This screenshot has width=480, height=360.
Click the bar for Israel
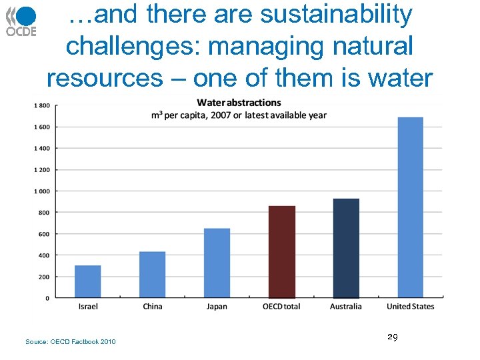pos(87,281)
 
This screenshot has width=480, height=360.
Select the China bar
pos(152,275)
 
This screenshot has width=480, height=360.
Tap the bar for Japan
pos(217,263)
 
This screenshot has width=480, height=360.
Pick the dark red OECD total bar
pos(281,252)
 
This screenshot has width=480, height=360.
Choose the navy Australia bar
pos(346,248)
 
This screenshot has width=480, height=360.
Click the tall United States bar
pos(410,207)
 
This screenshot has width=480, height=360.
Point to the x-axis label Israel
pos(88,307)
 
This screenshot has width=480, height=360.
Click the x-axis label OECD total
pos(281,307)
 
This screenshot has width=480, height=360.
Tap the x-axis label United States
pos(410,307)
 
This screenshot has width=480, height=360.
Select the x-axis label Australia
pos(346,307)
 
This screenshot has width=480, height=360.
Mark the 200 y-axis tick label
pos(43,277)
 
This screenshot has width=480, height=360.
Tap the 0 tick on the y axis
pos(47,298)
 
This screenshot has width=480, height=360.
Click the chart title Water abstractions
pos(239,103)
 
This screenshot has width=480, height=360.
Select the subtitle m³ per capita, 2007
pos(239,115)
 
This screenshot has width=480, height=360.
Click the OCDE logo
pos(21,20)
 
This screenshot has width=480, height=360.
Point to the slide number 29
pos(392,339)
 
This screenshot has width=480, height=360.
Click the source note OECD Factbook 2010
pos(70,342)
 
